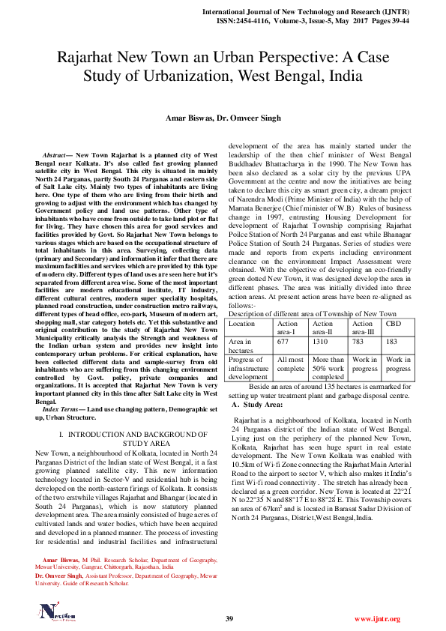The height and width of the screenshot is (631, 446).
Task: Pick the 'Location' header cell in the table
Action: (242, 324)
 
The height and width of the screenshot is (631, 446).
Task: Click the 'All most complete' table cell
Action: (290, 364)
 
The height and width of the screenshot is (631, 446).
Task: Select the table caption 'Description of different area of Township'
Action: (312, 313)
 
